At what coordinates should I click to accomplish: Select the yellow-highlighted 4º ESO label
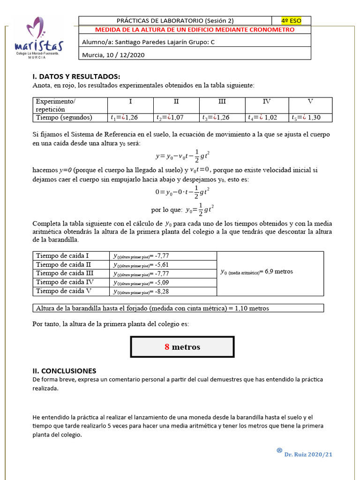291,21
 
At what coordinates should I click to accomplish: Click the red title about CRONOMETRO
195,30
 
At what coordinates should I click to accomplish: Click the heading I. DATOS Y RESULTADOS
76,76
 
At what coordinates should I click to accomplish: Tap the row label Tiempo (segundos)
64,118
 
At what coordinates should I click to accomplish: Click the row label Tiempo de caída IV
65,282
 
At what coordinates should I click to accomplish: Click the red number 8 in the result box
167,347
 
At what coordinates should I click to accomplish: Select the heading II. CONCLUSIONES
64,371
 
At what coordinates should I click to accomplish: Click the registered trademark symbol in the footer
279,450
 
